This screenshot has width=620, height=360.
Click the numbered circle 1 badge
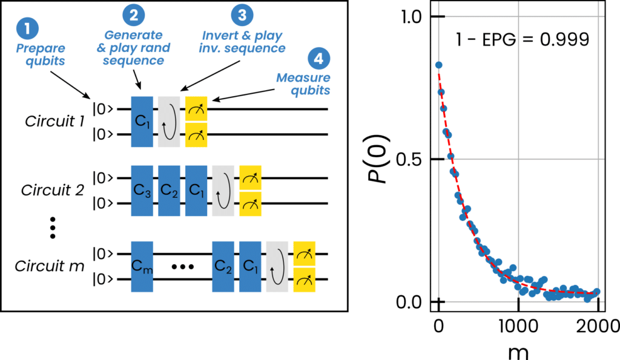pyautogui.click(x=27, y=28)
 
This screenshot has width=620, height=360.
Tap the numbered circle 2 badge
pyautogui.click(x=134, y=15)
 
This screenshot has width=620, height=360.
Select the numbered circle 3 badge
pyautogui.click(x=242, y=15)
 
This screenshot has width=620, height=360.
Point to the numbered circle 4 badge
pyautogui.click(x=318, y=59)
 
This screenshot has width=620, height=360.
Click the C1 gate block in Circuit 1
pyautogui.click(x=142, y=122)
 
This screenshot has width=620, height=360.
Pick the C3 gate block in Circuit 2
pyautogui.click(x=142, y=191)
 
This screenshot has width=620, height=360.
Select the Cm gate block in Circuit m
pyautogui.click(x=142, y=267)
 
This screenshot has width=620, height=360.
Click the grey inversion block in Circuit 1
pyautogui.click(x=169, y=122)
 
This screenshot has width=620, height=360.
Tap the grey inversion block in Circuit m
pyautogui.click(x=277, y=267)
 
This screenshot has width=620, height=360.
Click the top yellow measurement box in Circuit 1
pyautogui.click(x=196, y=109)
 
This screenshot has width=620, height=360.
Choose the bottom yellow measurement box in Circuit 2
pyautogui.click(x=250, y=204)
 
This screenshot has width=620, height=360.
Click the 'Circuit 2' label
pyautogui.click(x=53, y=190)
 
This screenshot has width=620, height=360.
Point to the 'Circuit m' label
pyautogui.click(x=50, y=266)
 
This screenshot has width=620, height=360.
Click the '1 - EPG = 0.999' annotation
pyautogui.click(x=523, y=39)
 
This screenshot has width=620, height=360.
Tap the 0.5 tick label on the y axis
pyautogui.click(x=409, y=160)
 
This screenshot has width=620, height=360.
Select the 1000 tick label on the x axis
pyautogui.click(x=518, y=326)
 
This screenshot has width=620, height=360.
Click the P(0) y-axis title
pyautogui.click(x=378, y=159)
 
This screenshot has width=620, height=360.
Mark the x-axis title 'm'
pyautogui.click(x=518, y=352)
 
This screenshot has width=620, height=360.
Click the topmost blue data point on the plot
pyautogui.click(x=438, y=65)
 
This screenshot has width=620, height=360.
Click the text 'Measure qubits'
pyautogui.click(x=303, y=83)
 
